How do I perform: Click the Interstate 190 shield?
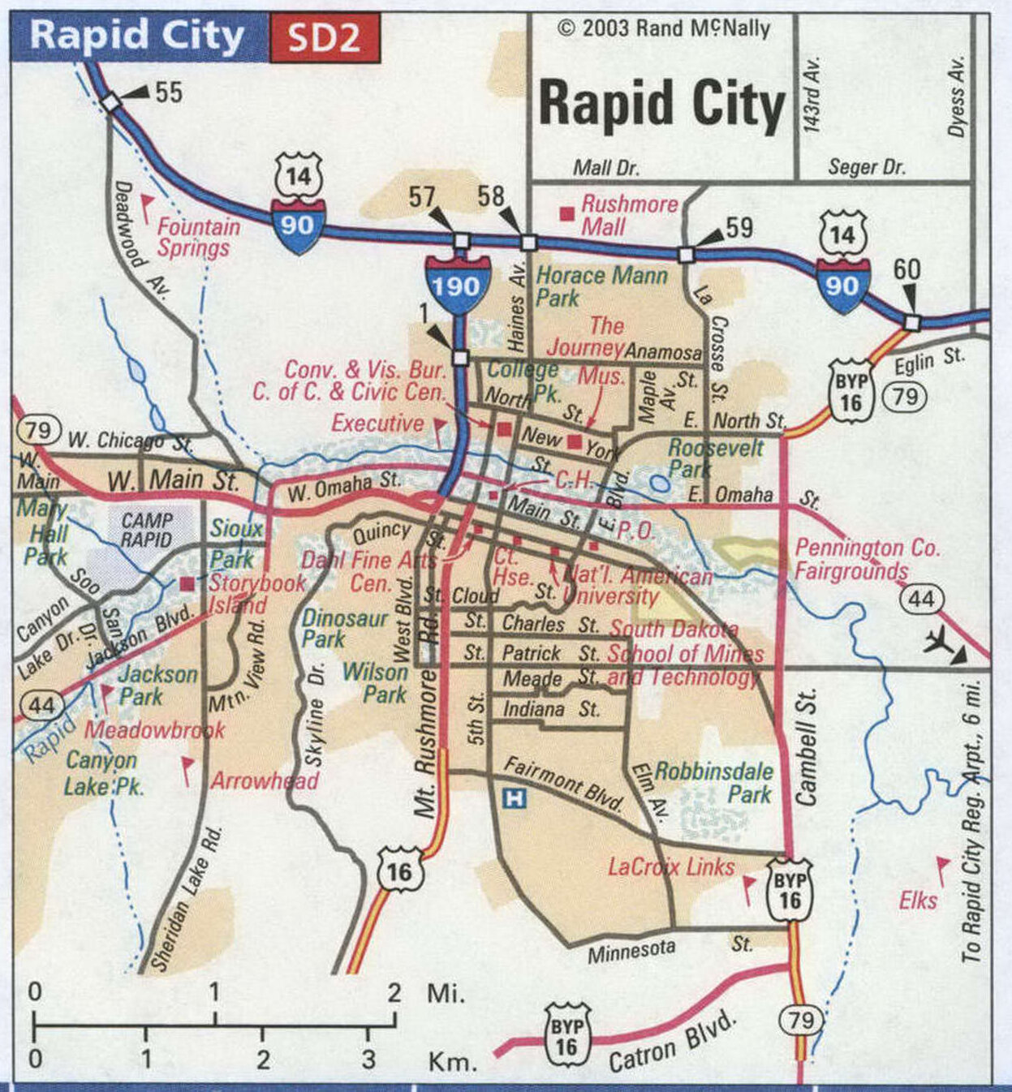pos(456,284)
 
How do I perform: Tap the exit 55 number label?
pos(168,92)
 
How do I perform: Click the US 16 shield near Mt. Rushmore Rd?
pos(399,871)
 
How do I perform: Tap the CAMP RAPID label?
pos(147,530)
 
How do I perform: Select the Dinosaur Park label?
pos(344,629)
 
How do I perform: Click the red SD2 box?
pos(324,38)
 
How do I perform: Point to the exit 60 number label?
pos(906,269)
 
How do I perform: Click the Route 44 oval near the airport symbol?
pos(920,600)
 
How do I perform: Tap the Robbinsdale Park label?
pos(713,782)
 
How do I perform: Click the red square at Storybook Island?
pos(188,583)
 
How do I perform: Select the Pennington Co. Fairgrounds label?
pos(866,559)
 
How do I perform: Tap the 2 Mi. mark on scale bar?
pos(394,992)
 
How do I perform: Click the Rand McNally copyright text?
pos(663,28)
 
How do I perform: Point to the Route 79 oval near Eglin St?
pos(905,396)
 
